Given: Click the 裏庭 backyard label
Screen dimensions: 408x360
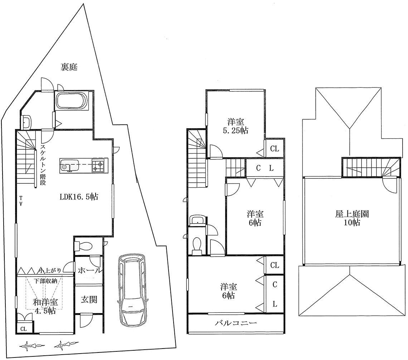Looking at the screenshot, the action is tap(69, 67).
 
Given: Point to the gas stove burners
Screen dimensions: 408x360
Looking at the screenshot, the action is tap(98, 165).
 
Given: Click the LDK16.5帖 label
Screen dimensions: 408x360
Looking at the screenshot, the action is tap(79, 197).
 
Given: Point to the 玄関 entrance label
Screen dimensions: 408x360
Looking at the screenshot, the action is tap(89, 299).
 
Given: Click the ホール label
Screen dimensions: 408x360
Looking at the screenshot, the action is tap(89, 270).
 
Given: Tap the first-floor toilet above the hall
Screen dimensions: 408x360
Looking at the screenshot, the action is tap(83, 246).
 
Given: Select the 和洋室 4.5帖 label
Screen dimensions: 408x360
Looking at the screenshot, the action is tap(45, 306).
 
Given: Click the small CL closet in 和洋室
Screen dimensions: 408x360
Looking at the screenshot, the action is tap(24, 329).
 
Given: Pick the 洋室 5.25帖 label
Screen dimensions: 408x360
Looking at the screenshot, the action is tap(235, 126).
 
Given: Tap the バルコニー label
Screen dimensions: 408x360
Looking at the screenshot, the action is tap(236, 323).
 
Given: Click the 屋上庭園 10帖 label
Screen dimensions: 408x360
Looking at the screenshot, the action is tap(352, 218).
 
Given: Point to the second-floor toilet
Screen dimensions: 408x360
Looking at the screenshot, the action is tap(197, 246).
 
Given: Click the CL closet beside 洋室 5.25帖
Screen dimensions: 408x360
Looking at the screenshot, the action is tap(274, 149).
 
